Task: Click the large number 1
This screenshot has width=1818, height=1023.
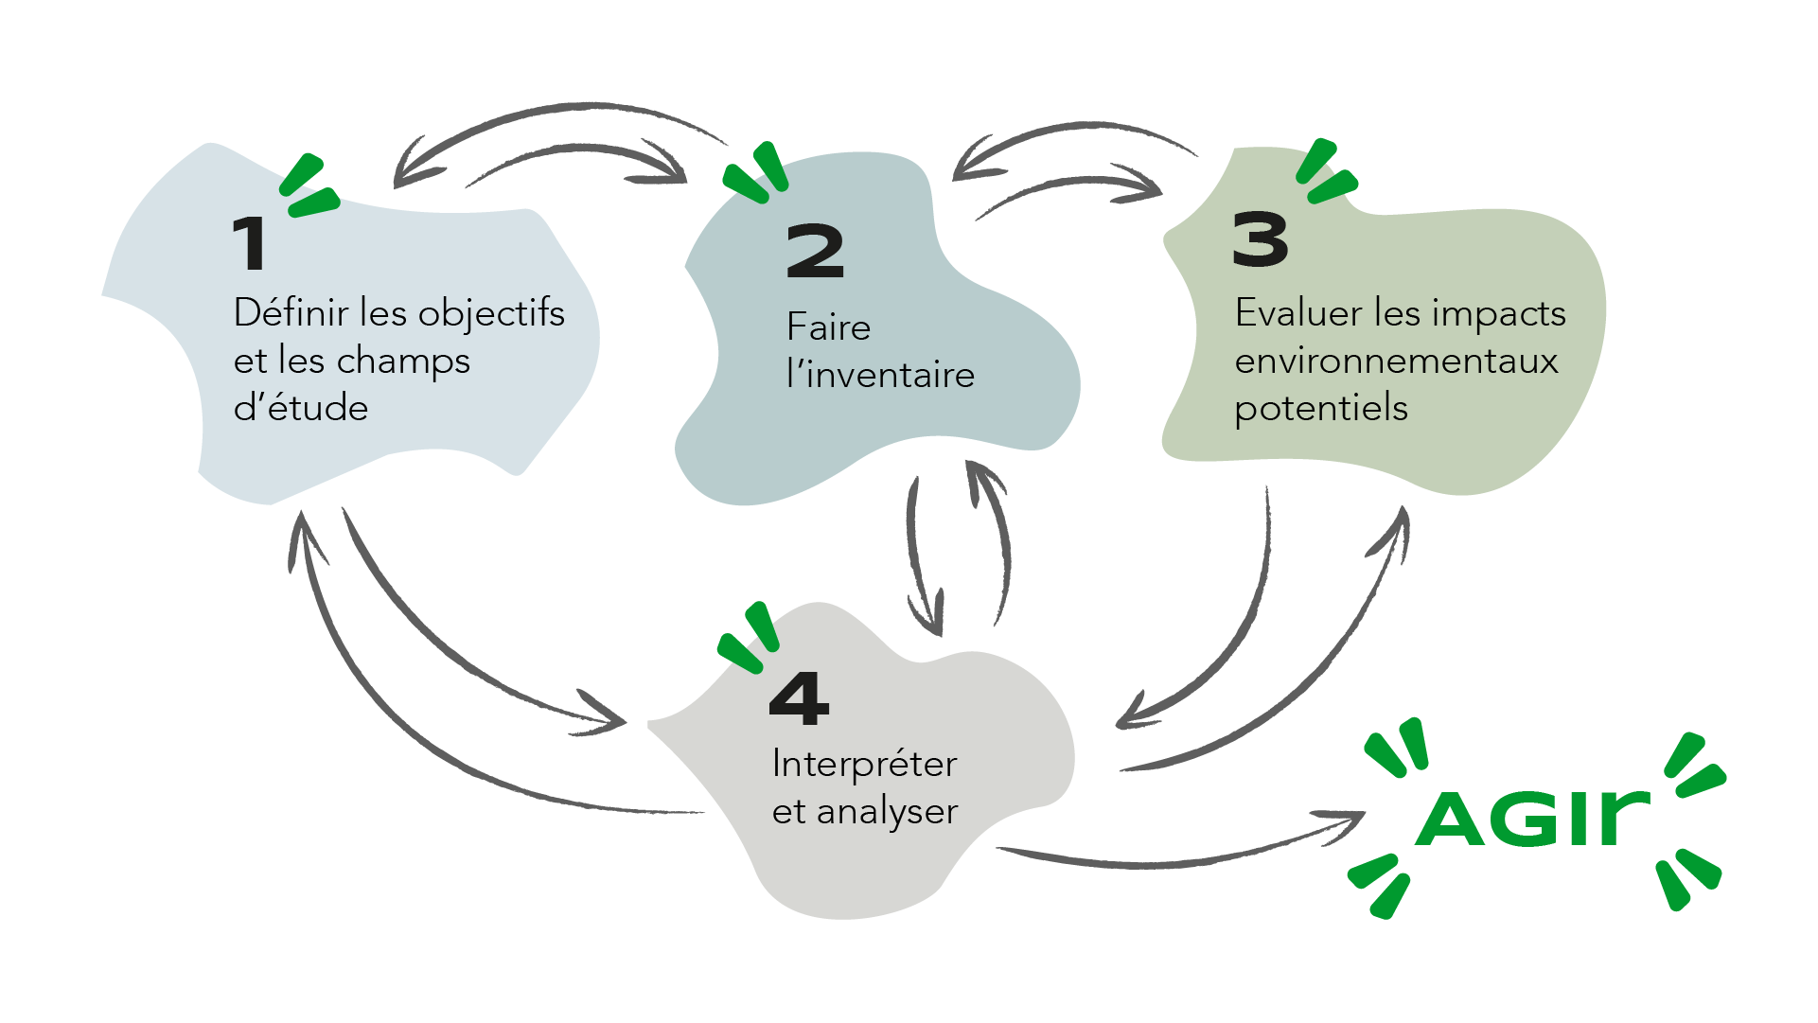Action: click(x=250, y=242)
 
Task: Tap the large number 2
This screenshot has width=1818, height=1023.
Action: click(x=815, y=251)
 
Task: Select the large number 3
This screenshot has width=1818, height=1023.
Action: click(x=1261, y=239)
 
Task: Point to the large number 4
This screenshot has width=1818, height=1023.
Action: click(x=800, y=698)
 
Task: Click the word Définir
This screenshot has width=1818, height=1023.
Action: click(x=293, y=311)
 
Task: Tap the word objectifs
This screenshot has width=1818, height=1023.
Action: click(x=491, y=313)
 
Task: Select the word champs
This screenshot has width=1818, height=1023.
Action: click(x=403, y=361)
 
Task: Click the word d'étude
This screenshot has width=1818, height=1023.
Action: click(x=301, y=407)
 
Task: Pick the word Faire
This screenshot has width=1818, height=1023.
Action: click(x=828, y=326)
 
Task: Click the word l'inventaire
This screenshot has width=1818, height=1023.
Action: click(x=880, y=374)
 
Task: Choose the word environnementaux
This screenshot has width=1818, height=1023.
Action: click(x=1396, y=361)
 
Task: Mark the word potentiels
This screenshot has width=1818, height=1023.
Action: click(x=1321, y=409)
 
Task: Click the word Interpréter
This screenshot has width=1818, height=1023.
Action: click(x=865, y=764)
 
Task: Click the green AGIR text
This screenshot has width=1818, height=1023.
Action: click(x=1533, y=817)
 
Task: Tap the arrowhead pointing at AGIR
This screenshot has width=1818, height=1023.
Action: click(x=1342, y=824)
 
